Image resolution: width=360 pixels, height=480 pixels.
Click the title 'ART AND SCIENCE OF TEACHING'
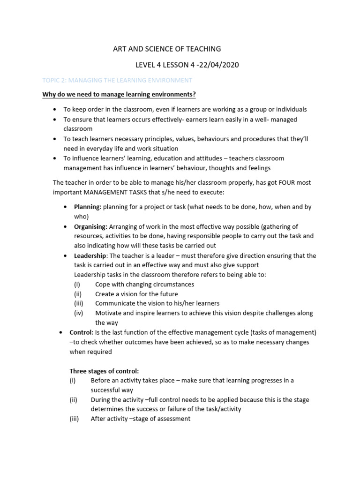167,49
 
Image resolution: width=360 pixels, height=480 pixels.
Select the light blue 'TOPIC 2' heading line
117,81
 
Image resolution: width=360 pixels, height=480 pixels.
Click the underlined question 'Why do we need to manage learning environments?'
119,95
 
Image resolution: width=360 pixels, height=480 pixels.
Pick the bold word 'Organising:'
91,226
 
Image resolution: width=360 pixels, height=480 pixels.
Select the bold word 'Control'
82,332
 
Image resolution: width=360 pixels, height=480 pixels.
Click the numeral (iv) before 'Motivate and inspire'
78,313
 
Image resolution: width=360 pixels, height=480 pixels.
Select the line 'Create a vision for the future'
136,294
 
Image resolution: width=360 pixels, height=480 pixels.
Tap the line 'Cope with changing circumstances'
144,284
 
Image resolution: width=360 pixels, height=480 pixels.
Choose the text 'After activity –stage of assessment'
140,419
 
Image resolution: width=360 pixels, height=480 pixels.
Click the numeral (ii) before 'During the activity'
73,400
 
